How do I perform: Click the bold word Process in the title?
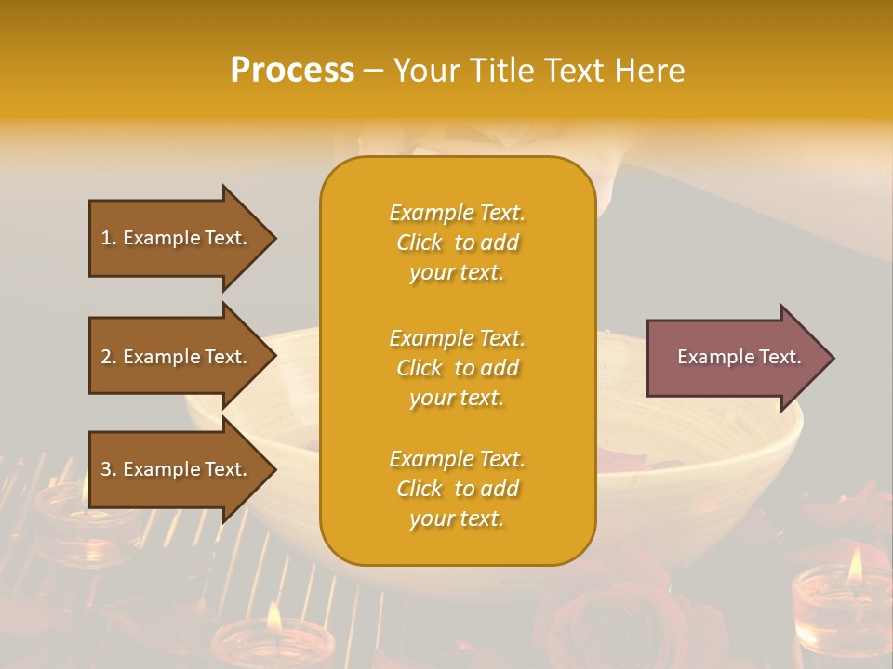pyautogui.click(x=292, y=71)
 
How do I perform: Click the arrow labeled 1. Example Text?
pyautogui.click(x=177, y=238)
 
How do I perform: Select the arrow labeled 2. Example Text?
pyautogui.click(x=177, y=357)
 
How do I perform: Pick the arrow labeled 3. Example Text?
pyautogui.click(x=177, y=469)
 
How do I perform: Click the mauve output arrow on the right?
pyautogui.click(x=735, y=357)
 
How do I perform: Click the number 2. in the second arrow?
pyautogui.click(x=109, y=357)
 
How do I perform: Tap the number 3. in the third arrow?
pyautogui.click(x=109, y=469)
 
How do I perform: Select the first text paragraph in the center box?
pyautogui.click(x=457, y=243)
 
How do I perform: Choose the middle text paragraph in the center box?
pyautogui.click(x=457, y=367)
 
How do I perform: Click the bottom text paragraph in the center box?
pyautogui.click(x=457, y=489)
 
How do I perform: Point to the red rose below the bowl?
pyautogui.click(x=614, y=613)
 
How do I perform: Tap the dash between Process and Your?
pyautogui.click(x=373, y=72)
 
